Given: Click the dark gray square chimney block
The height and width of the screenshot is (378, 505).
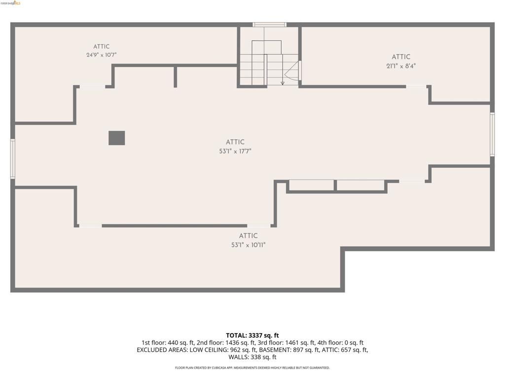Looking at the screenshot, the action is (x=116, y=138).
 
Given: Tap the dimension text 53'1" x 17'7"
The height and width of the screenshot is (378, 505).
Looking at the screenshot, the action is (x=235, y=151).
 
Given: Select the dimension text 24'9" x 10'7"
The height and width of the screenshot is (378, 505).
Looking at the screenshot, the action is (x=102, y=55).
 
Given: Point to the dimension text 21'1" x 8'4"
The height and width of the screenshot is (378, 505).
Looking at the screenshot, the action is (x=401, y=66).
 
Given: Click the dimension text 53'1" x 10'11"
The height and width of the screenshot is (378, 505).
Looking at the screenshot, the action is (x=249, y=245).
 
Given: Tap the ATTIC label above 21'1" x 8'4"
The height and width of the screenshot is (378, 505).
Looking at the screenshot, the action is (x=401, y=57).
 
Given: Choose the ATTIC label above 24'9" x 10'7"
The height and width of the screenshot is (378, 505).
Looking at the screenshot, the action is (x=102, y=47).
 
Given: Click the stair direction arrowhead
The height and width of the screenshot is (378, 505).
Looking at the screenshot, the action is (x=283, y=83).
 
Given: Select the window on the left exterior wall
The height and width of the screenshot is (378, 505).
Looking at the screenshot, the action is (x=12, y=158).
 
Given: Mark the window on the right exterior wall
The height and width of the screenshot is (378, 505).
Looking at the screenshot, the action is (x=492, y=134).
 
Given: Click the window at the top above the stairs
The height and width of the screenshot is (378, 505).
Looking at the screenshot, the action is (x=269, y=25).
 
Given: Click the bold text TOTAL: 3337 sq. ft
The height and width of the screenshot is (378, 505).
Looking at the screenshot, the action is (x=252, y=336).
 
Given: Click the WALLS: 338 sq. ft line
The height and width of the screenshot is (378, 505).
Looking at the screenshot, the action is (x=252, y=357).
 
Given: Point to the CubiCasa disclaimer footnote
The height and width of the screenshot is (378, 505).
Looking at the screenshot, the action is (x=252, y=368).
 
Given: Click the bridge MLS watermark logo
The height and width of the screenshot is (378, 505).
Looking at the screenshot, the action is (x=11, y=3).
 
